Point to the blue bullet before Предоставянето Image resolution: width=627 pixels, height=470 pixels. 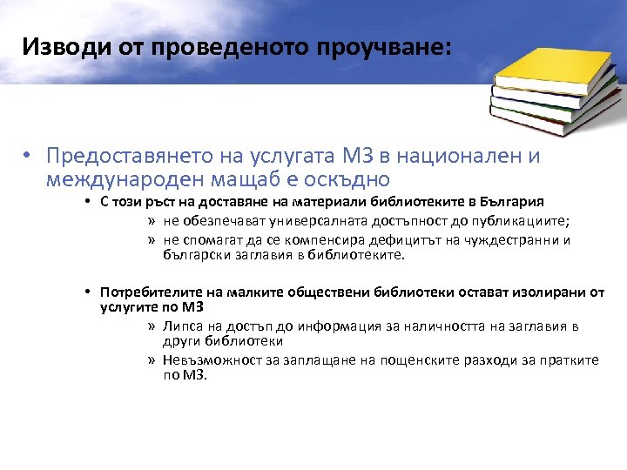point(29,157)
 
